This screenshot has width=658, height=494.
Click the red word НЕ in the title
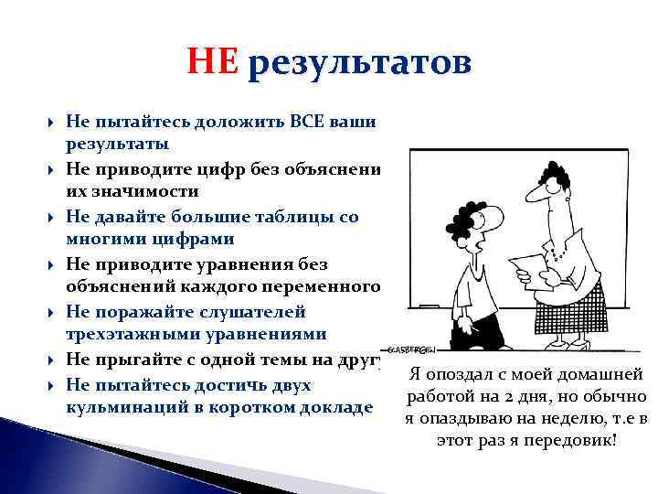(212, 63)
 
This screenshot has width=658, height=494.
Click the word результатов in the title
(358, 65)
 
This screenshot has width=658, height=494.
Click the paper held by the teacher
(528, 271)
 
